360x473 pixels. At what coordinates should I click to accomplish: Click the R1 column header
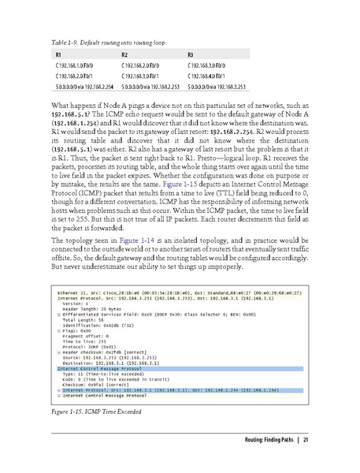pos(60,54)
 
